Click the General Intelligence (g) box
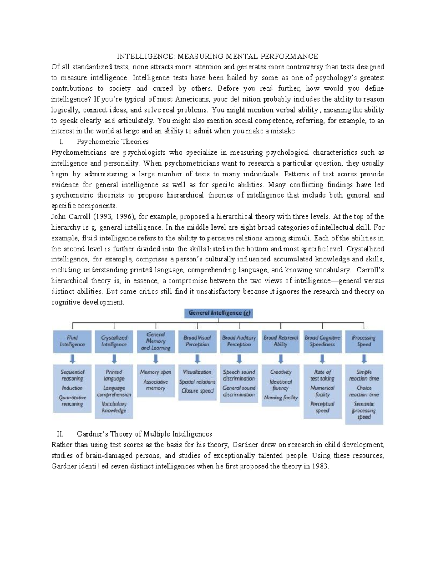pyautogui.click(x=218, y=313)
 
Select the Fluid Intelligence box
pyautogui.click(x=72, y=341)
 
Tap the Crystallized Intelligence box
pyautogui.click(x=114, y=341)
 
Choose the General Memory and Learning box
pyautogui.click(x=156, y=341)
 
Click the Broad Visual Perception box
pyautogui.click(x=197, y=341)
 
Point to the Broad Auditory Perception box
pyautogui.click(x=239, y=341)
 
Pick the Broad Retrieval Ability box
pyautogui.click(x=280, y=341)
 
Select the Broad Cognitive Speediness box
pyautogui.click(x=322, y=341)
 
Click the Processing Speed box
pyautogui.click(x=364, y=341)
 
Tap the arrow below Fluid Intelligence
pyautogui.click(x=73, y=359)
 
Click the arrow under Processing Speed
pyautogui.click(x=364, y=359)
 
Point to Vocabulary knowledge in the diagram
pyautogui.click(x=114, y=407)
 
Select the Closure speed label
pyautogui.click(x=197, y=391)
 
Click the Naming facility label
pyautogui.click(x=280, y=398)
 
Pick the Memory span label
pyautogui.click(x=156, y=372)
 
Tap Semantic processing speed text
pyautogui.click(x=364, y=411)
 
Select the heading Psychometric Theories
pyautogui.click(x=113, y=142)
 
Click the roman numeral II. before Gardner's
pyautogui.click(x=60, y=434)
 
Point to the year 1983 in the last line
pyautogui.click(x=320, y=467)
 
